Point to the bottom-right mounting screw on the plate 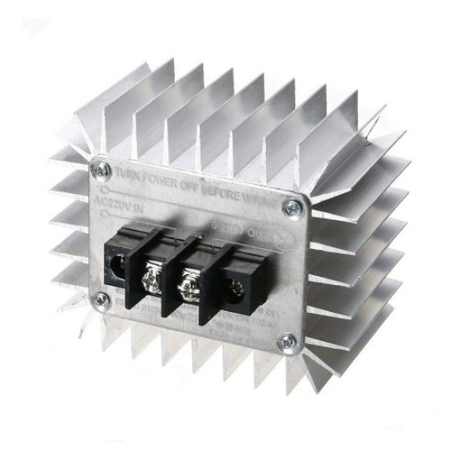289,340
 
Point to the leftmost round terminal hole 117,267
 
